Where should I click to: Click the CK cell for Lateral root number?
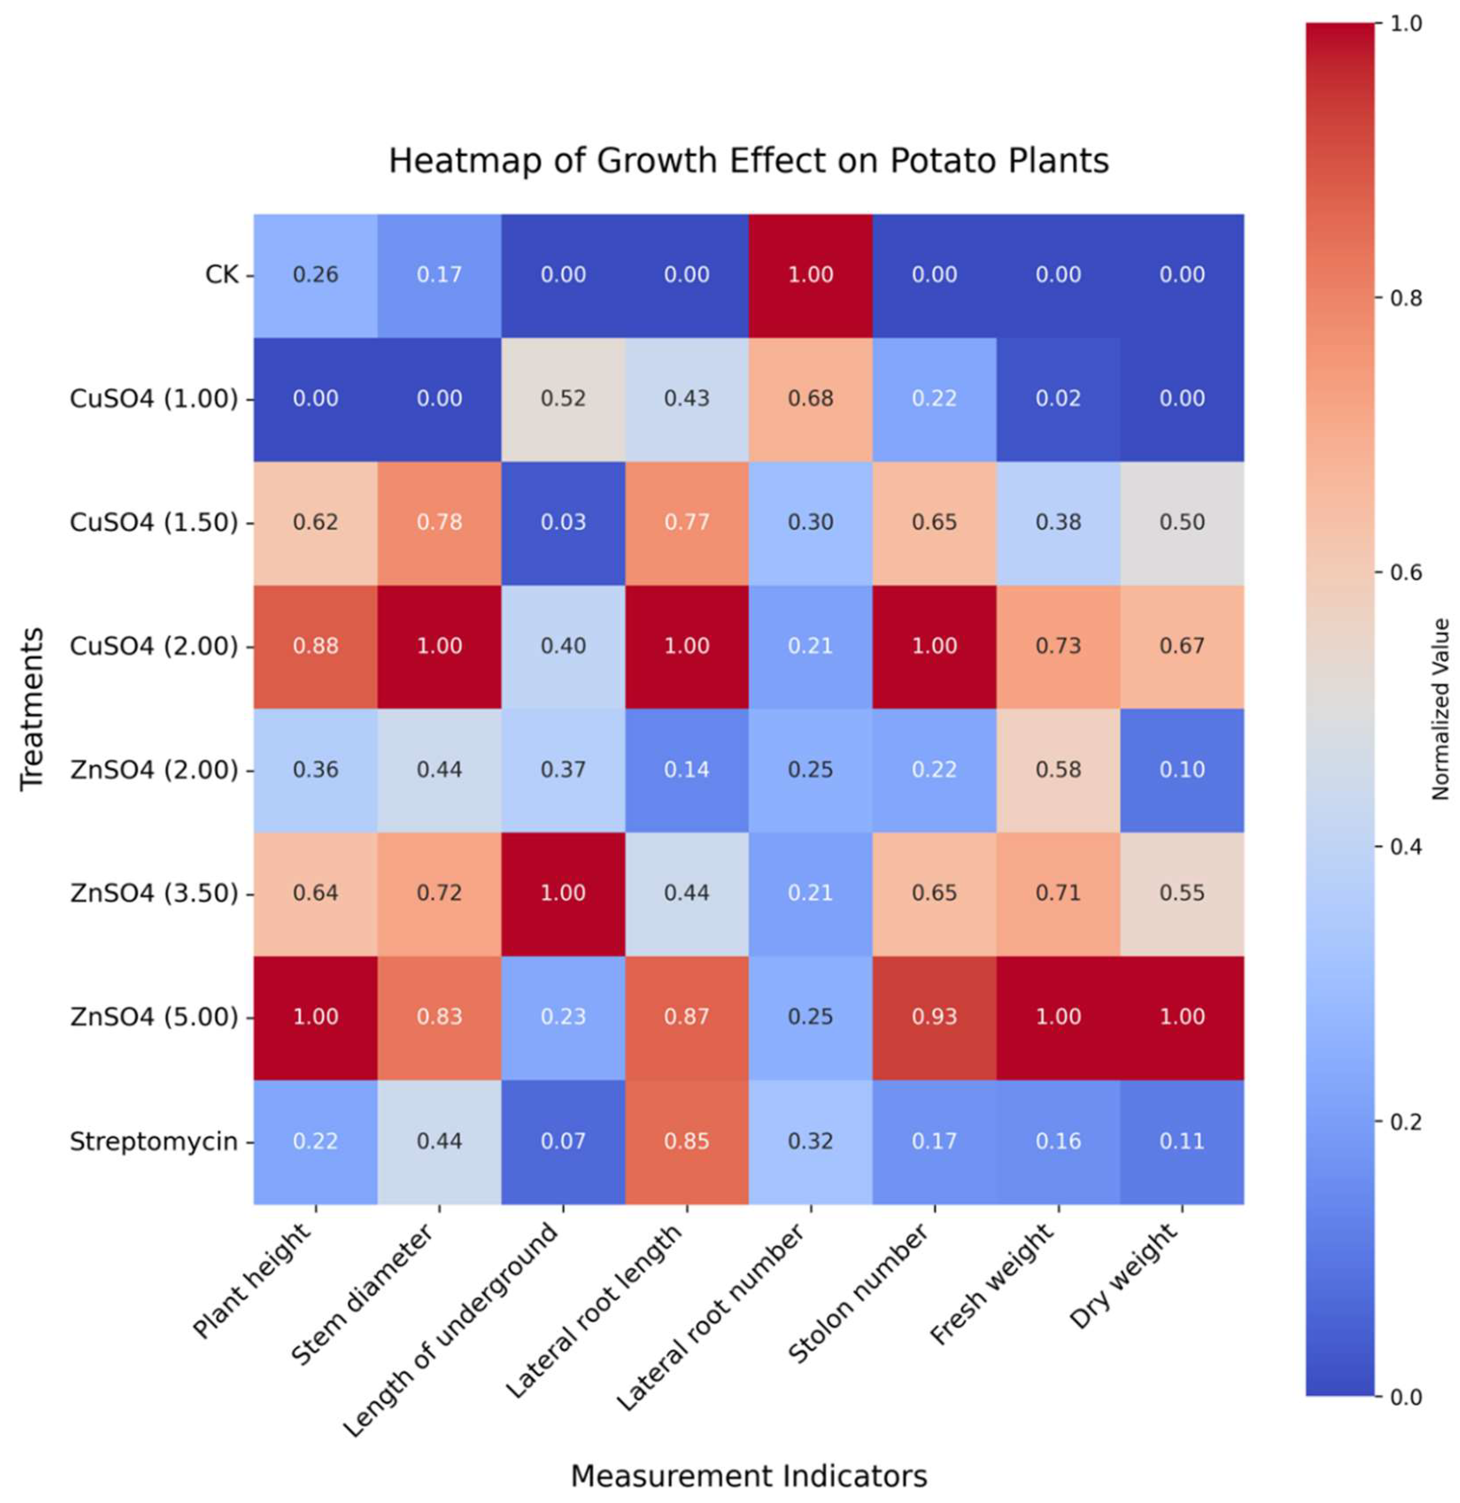point(811,274)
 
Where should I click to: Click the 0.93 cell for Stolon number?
point(934,1017)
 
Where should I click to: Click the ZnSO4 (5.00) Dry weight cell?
point(1182,1017)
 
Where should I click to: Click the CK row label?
point(222,274)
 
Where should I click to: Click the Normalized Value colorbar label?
point(1440,709)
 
